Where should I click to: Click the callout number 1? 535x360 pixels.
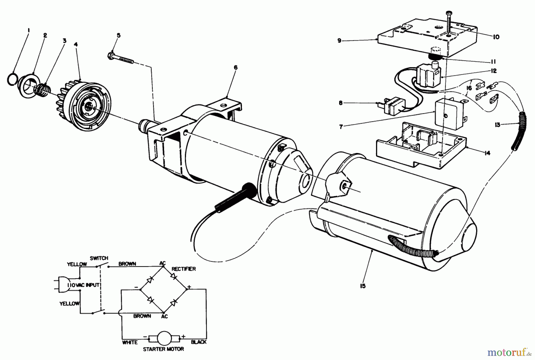[29, 30]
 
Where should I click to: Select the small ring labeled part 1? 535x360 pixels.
[12, 80]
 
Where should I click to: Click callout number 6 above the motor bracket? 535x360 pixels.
[236, 68]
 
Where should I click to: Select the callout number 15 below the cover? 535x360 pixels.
[363, 286]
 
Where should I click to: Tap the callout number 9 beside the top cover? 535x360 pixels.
[339, 41]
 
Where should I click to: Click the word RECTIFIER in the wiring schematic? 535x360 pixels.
[184, 269]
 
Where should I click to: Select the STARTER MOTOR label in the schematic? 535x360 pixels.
[163, 349]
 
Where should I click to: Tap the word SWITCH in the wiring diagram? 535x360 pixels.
[99, 258]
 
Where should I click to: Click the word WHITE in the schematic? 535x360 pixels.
[130, 342]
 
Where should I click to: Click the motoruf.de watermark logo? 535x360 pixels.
[509, 353]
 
